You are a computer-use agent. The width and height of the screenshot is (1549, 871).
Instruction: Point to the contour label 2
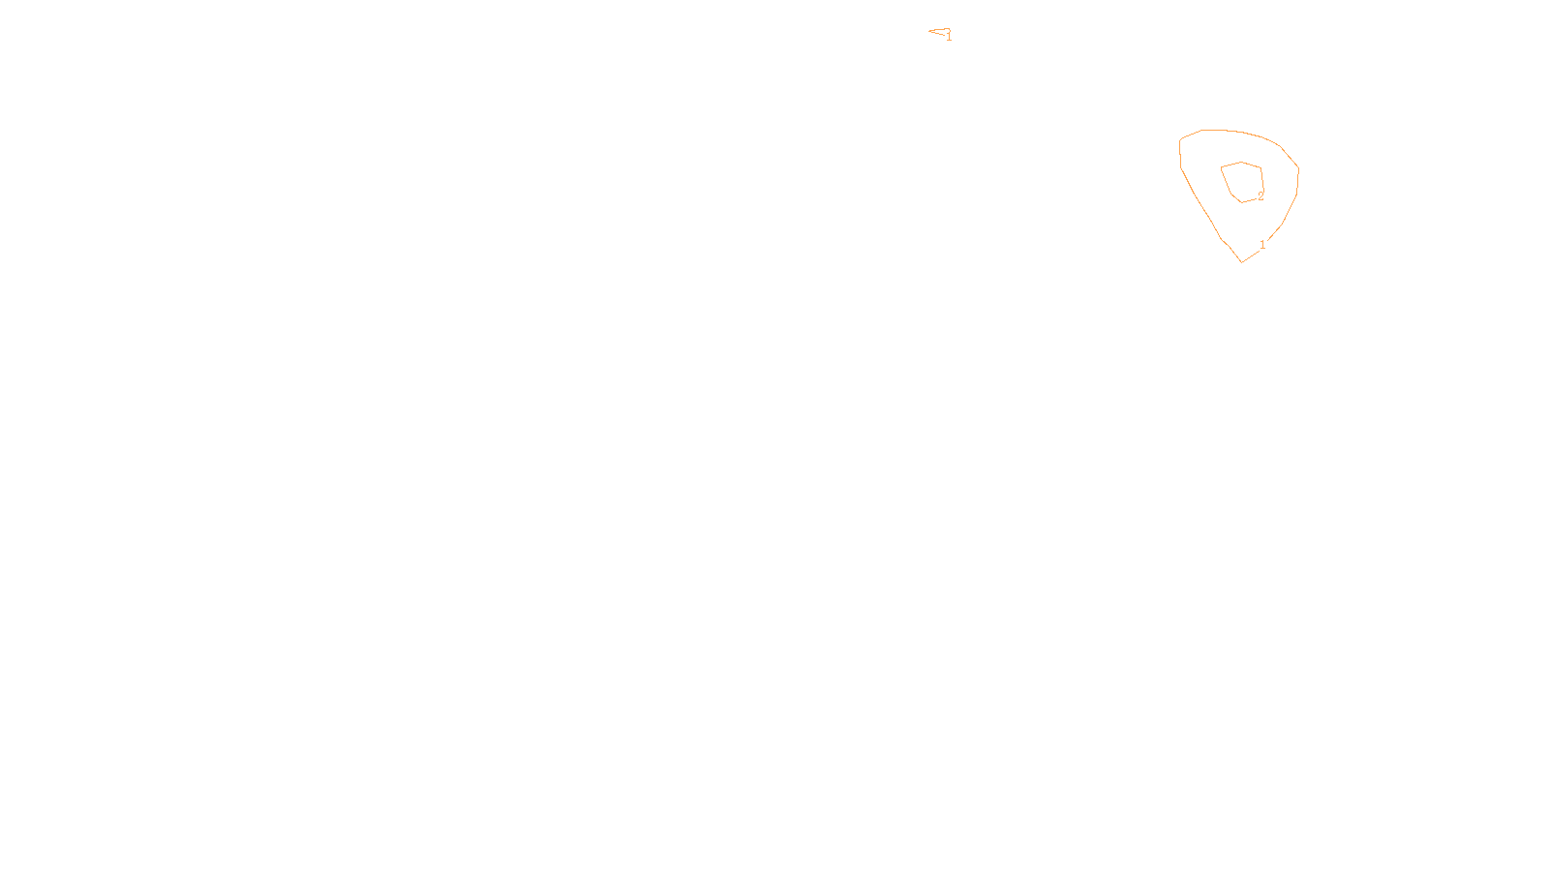coord(1260,196)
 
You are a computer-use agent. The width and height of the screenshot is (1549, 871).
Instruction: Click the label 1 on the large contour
coord(1262,245)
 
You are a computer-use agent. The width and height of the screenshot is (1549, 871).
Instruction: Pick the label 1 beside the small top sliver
coord(949,37)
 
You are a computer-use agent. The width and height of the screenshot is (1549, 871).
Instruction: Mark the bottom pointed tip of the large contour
coord(1242,261)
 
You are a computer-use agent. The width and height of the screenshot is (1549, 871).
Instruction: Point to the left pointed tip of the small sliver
coord(929,32)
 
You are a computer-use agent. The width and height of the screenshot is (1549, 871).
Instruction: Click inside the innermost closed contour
coord(1243,181)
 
